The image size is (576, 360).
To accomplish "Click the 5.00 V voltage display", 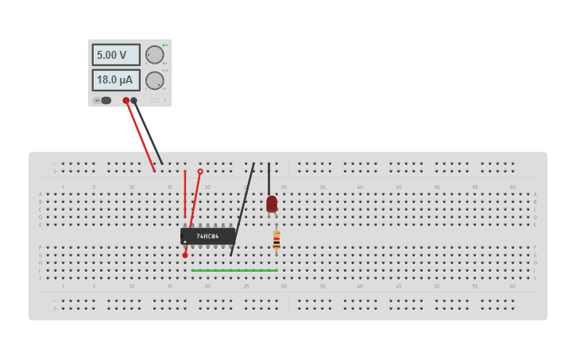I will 116,55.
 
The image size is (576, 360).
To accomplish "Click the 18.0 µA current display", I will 116,80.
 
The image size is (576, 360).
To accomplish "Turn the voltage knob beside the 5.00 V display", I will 154,55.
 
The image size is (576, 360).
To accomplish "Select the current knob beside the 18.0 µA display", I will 154,80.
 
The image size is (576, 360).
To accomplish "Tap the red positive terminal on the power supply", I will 126,100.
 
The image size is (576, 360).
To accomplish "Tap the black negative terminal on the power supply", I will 133,100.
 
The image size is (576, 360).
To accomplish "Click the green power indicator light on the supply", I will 164,45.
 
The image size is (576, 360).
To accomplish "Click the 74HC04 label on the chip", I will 207,236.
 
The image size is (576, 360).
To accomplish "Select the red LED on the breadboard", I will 272,203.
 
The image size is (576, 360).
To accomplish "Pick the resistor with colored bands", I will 276,239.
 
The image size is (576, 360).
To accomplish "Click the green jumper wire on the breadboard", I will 234,270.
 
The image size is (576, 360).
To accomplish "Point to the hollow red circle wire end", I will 200,171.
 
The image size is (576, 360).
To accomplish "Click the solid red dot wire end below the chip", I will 185,255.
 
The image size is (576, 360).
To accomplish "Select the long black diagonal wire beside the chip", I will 242,210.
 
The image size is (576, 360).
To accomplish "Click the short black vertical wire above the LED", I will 269,178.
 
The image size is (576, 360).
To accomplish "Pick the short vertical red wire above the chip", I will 185,194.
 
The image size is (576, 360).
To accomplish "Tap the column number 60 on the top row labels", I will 512,187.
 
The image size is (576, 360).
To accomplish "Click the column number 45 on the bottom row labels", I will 398,286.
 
